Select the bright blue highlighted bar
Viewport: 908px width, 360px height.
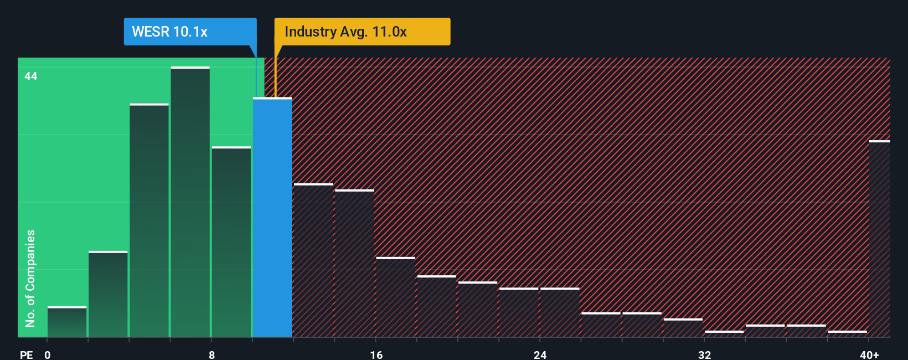pyautogui.click(x=272, y=217)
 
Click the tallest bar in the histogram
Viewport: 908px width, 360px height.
pyautogui.click(x=190, y=202)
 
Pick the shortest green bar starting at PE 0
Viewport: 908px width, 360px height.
pyautogui.click(x=67, y=322)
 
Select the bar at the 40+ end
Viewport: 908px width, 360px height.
pyautogui.click(x=879, y=239)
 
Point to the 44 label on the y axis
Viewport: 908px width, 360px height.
pyautogui.click(x=31, y=76)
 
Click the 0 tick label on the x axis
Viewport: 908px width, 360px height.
pyautogui.click(x=48, y=354)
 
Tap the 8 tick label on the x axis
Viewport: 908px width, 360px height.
pyautogui.click(x=211, y=354)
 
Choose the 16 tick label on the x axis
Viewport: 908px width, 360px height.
pyautogui.click(x=376, y=354)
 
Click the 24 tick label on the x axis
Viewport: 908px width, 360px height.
pyautogui.click(x=540, y=354)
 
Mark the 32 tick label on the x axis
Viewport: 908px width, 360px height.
pyautogui.click(x=704, y=354)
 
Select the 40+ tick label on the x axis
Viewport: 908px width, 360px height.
pyautogui.click(x=869, y=354)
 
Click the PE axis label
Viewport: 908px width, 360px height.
pyautogui.click(x=26, y=354)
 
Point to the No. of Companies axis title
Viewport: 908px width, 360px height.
pyautogui.click(x=30, y=278)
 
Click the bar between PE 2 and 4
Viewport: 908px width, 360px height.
pyautogui.click(x=108, y=294)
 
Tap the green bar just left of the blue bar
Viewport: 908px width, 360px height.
pyautogui.click(x=231, y=241)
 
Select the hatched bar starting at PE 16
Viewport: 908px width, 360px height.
pyautogui.click(x=395, y=297)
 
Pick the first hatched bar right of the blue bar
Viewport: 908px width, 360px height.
pyautogui.click(x=313, y=260)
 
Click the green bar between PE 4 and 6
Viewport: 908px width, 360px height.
pyautogui.click(x=149, y=220)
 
